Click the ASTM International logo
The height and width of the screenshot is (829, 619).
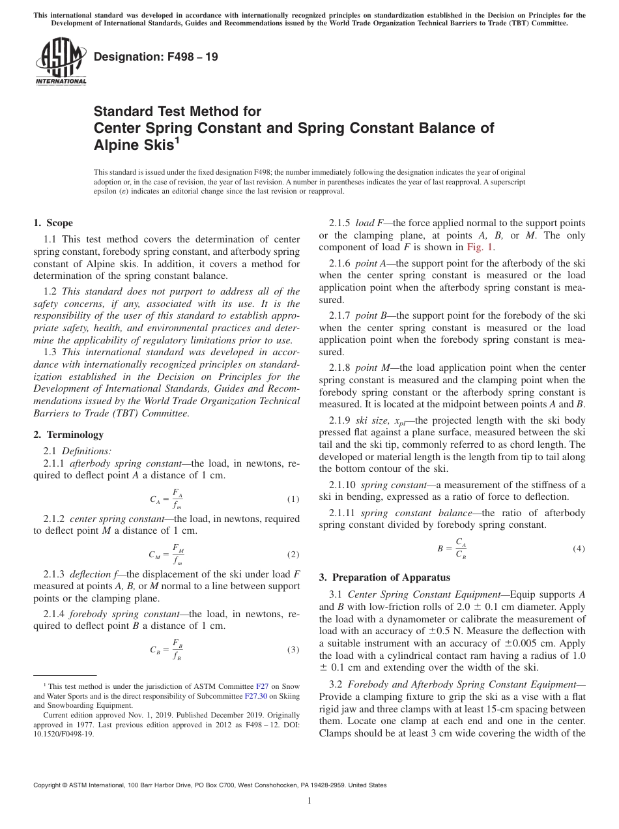click(x=60, y=63)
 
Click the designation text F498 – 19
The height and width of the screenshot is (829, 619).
click(x=156, y=57)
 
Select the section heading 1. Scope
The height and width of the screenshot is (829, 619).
click(x=53, y=223)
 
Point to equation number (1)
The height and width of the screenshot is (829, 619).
click(x=293, y=499)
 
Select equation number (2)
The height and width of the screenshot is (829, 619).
click(x=293, y=555)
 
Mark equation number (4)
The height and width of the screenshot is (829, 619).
click(x=579, y=549)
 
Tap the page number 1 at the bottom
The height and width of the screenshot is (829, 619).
click(x=309, y=801)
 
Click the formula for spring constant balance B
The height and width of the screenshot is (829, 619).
click(x=452, y=549)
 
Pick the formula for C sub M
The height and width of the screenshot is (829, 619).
click(x=166, y=555)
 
